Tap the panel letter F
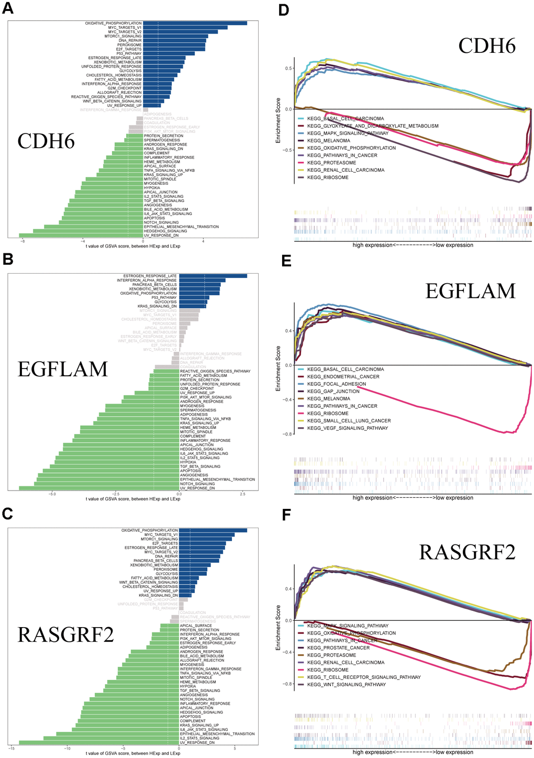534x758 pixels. tap(286, 515)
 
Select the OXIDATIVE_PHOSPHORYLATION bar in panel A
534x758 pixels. tap(195, 23)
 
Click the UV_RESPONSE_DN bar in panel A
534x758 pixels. tap(81, 236)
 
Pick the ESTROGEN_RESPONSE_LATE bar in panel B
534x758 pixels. tap(213, 276)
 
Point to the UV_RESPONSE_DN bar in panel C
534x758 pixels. tap(99, 742)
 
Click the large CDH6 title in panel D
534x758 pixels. tap(486, 46)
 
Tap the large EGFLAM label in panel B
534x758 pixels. tap(62, 369)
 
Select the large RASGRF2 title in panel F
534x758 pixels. tap(467, 552)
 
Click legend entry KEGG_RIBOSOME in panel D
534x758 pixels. tap(328, 177)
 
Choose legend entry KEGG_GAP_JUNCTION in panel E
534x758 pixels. tap(333, 391)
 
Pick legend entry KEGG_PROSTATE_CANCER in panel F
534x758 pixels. tap(338, 648)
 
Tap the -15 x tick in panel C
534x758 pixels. tap(11, 749)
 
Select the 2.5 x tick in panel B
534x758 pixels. tap(243, 494)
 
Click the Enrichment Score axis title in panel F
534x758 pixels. tap(278, 628)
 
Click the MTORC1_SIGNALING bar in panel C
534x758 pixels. tap(205, 539)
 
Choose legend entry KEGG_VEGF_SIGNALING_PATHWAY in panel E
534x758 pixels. tap(348, 428)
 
